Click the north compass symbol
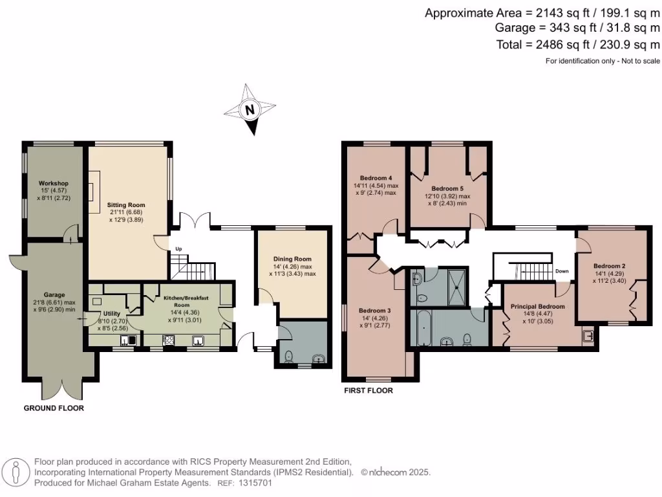(249, 111)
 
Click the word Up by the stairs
(178, 248)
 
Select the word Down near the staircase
(562, 271)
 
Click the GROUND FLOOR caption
(54, 408)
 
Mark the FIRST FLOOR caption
(368, 391)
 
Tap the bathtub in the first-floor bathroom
(423, 328)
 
